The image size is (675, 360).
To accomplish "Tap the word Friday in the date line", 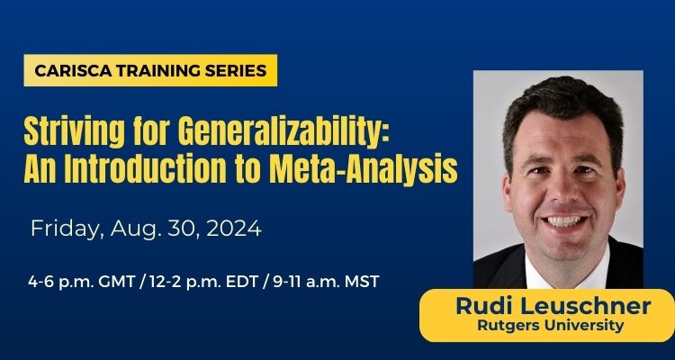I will (x=66, y=229).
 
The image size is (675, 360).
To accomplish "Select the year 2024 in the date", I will (x=230, y=229).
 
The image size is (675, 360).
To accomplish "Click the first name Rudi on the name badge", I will (x=484, y=307).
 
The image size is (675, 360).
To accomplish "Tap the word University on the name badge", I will (x=586, y=326).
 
